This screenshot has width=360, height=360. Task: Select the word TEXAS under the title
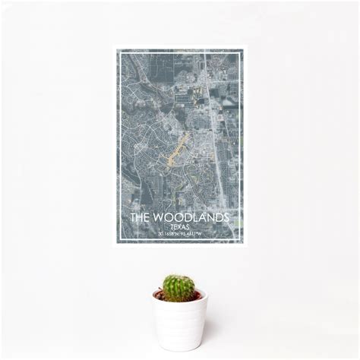(180, 226)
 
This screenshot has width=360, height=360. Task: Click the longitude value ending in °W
(191, 233)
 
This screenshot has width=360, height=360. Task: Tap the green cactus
(178, 288)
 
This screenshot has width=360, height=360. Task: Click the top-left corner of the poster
(116, 48)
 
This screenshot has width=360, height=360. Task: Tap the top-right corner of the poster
(243, 48)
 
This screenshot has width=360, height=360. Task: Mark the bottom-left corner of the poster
(116, 242)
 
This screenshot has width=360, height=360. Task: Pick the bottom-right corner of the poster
(243, 242)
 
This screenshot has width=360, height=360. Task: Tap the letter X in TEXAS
(179, 226)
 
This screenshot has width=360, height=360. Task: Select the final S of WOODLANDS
(226, 217)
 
